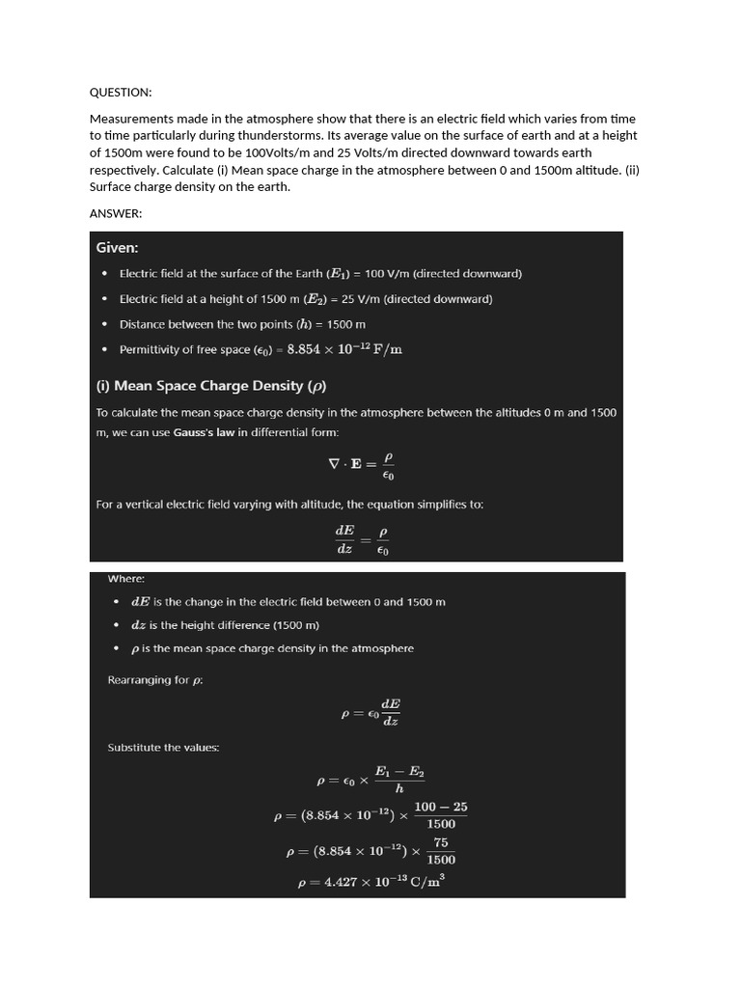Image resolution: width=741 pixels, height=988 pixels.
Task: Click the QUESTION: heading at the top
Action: pos(121,93)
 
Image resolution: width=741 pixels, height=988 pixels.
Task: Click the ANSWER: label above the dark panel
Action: pos(116,213)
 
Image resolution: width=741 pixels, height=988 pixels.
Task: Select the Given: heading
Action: pos(117,248)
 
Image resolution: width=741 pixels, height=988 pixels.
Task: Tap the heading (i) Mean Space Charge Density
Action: pos(211,386)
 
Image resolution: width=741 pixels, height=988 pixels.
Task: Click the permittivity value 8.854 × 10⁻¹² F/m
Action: pos(344,349)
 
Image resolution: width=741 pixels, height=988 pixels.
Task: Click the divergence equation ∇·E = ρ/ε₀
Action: pos(361,463)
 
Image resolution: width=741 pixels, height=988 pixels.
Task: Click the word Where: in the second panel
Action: pos(126,579)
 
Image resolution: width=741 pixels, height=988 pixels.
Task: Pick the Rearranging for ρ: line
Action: pos(155,680)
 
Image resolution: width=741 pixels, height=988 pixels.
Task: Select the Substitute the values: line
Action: pos(163,748)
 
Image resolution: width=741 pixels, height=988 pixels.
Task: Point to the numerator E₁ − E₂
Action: pos(398,772)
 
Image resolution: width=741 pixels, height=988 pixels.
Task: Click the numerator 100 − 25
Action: pos(441,807)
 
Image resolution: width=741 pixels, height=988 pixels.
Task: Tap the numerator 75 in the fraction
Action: pos(441,842)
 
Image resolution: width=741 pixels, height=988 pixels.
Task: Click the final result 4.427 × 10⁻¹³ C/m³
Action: pos(370,882)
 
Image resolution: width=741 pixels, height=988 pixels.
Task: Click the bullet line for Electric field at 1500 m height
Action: pos(305,299)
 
